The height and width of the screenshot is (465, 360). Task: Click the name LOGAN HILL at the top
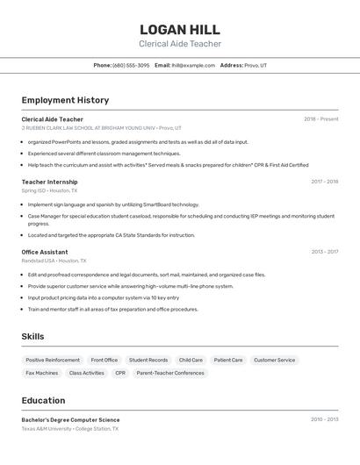point(180,29)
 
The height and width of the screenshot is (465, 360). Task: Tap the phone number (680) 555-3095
point(131,65)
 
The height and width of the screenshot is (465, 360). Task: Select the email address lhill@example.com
point(193,65)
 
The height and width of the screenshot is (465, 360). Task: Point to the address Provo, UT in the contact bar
point(256,65)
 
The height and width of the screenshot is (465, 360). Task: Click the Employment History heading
point(65,100)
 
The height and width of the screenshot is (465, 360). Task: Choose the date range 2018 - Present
point(321,119)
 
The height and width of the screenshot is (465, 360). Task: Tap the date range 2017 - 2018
point(324,182)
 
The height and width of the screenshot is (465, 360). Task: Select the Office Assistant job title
point(45,252)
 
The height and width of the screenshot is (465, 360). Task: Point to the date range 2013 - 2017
point(324,252)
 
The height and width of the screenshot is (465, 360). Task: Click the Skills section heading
point(32,336)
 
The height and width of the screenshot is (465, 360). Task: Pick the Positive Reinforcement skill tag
point(53,360)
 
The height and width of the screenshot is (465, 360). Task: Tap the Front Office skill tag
point(104,360)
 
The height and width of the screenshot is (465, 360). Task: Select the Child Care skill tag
point(191,360)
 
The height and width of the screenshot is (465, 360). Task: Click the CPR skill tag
point(120,373)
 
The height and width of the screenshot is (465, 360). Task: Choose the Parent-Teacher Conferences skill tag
point(170,373)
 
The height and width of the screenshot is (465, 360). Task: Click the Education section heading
point(43,400)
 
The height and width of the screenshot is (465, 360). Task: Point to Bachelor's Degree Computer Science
point(70,419)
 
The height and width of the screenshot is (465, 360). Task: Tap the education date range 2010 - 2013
point(324,419)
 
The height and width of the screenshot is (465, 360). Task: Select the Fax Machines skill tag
point(42,373)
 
